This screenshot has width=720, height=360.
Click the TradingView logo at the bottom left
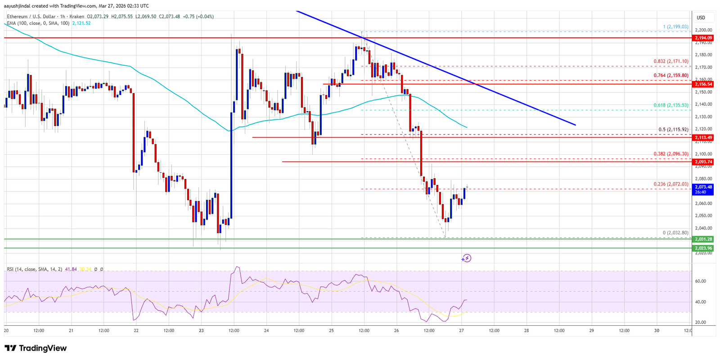36,348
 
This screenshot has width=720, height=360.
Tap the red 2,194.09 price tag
703,38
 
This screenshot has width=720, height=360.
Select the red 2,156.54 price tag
703,84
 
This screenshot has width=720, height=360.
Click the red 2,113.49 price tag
703,137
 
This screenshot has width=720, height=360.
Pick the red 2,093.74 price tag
703,162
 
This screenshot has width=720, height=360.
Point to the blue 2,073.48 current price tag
703,189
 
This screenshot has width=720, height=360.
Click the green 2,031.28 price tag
703,239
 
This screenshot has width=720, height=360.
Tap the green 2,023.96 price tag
703,248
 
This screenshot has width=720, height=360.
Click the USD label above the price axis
701,18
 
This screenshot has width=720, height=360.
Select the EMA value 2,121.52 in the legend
81,23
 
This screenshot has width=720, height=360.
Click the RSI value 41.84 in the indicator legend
71,269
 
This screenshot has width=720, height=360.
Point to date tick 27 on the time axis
462,330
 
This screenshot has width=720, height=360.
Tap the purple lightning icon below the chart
467,258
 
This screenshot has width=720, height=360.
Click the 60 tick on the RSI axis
700,281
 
